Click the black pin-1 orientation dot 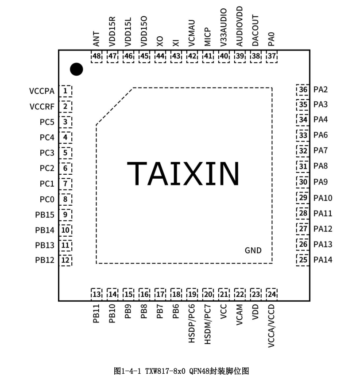tap(77, 69)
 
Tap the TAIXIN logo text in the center tap(183, 173)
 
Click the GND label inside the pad tap(253, 250)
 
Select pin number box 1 tap(66, 91)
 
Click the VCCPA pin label tap(42, 91)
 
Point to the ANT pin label tap(96, 39)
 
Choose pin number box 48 tap(97, 57)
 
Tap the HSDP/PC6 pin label tap(192, 323)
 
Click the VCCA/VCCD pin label tap(271, 326)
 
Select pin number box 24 tap(271, 294)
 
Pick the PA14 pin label tap(323, 260)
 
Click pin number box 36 tap(303, 90)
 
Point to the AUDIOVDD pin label tap(240, 26)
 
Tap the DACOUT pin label tap(255, 31)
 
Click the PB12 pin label tap(45, 260)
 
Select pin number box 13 tap(97, 294)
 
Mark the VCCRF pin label tap(42, 107)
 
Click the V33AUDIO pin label tap(224, 27)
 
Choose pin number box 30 tap(303, 182)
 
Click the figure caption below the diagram tap(181, 371)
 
